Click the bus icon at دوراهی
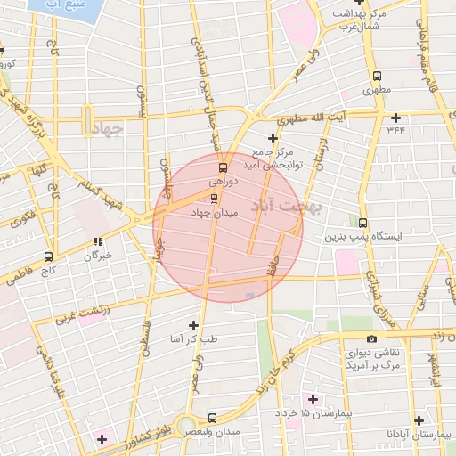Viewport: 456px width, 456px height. pos(222,166)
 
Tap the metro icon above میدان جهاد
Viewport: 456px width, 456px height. pos(212,197)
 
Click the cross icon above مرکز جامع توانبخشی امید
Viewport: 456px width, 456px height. pos(273,138)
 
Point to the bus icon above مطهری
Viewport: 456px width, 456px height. pos(377,77)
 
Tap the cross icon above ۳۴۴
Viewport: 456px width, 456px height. pos(395,117)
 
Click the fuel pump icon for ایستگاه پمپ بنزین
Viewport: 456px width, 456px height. pos(362,222)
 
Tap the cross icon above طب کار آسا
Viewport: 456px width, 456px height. pos(193,324)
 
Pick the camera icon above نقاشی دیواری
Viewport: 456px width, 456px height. pos(371,338)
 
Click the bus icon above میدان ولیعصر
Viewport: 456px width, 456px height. pos(212,417)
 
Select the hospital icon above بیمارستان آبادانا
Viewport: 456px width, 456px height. pos(419,419)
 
